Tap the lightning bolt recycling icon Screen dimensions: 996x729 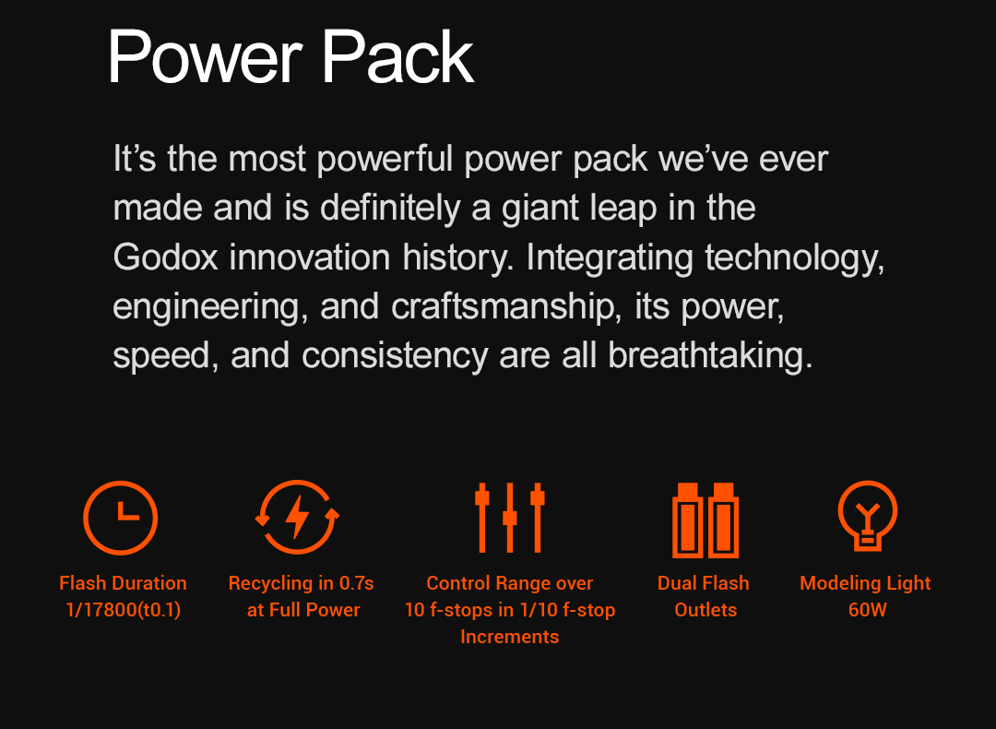(x=297, y=517)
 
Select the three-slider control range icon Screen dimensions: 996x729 (x=510, y=518)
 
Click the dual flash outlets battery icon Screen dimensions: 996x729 (x=705, y=520)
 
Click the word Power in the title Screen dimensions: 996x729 (x=205, y=58)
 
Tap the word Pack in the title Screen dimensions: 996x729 (x=398, y=58)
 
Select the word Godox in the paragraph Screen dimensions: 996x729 (x=165, y=257)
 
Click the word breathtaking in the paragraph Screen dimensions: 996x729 (x=711, y=355)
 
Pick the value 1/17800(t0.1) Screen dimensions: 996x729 (x=124, y=610)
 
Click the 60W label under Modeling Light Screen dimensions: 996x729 (x=868, y=610)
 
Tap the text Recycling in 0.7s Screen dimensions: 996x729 (x=301, y=583)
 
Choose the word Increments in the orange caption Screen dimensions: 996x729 (x=509, y=637)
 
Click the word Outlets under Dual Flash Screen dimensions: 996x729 (x=705, y=610)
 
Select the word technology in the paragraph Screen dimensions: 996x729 (x=794, y=258)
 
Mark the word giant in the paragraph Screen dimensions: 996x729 (x=540, y=209)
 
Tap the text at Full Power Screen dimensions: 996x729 (x=303, y=610)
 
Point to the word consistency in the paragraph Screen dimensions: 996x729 (x=395, y=356)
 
